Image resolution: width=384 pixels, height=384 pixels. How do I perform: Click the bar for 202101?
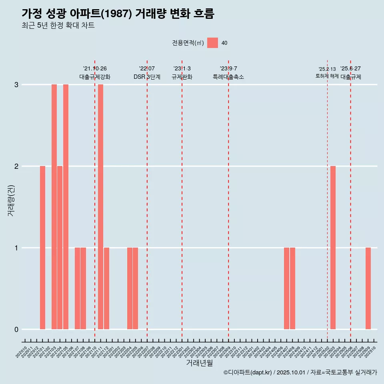tap(42, 248)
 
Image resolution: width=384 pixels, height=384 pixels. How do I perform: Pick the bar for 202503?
tap(333, 248)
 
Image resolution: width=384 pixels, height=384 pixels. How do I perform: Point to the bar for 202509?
tap(368, 288)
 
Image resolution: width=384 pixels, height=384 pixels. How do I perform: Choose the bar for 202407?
tap(286, 288)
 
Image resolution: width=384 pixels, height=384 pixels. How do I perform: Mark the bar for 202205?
tap(135, 288)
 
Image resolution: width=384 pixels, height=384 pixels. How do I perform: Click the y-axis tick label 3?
tap(16, 85)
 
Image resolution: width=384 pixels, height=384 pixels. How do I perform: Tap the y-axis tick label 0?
tap(16, 330)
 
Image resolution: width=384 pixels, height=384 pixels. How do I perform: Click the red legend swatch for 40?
tap(212, 43)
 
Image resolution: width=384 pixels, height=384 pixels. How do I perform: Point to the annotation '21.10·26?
tap(95, 69)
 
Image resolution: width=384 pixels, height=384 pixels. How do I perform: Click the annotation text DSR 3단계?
tap(147, 77)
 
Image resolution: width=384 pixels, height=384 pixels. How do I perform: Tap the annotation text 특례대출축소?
tap(228, 77)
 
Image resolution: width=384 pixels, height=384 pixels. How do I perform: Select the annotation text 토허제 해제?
tap(327, 76)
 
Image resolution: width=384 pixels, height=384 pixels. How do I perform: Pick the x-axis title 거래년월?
tap(199, 363)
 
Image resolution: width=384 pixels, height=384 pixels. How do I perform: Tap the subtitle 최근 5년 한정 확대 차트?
tap(58, 26)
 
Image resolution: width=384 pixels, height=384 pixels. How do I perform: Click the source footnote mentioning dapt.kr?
tap(300, 372)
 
